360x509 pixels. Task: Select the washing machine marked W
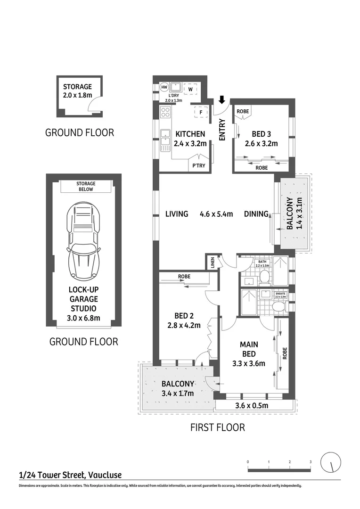pyautogui.click(x=191, y=89)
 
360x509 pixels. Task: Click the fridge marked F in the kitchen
pyautogui.click(x=201, y=113)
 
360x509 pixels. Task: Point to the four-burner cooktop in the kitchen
pyautogui.click(x=165, y=112)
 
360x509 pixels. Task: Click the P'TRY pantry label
pyautogui.click(x=197, y=165)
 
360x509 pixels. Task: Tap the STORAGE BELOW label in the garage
pyautogui.click(x=85, y=186)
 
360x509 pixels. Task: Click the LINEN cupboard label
pyautogui.click(x=213, y=262)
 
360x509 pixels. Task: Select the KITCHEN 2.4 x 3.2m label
pyautogui.click(x=190, y=139)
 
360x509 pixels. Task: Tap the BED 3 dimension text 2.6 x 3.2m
pyautogui.click(x=262, y=144)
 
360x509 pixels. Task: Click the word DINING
pyautogui.click(x=256, y=214)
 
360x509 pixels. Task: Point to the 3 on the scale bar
pyautogui.click(x=311, y=461)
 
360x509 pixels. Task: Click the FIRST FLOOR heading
pyautogui.click(x=217, y=427)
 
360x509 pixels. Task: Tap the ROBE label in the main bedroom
pyautogui.click(x=285, y=353)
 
